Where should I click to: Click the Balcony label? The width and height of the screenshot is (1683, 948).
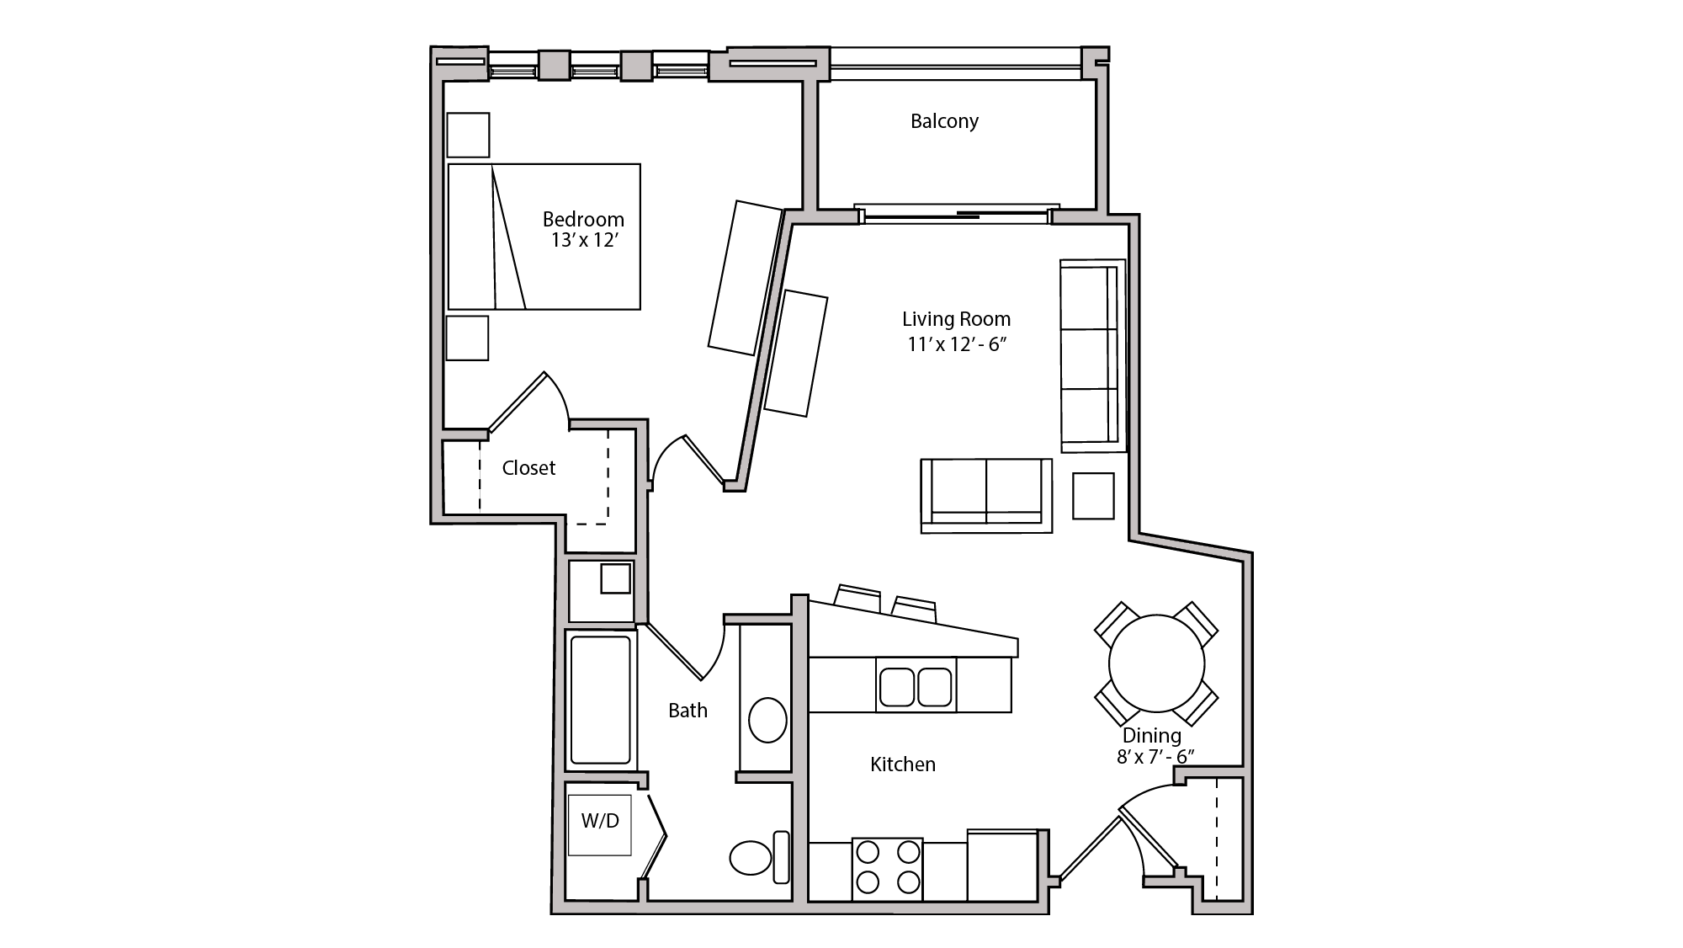click(x=944, y=121)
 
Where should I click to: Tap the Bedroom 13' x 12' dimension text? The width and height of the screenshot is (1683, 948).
click(x=585, y=241)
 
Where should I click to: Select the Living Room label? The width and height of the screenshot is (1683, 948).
click(x=956, y=319)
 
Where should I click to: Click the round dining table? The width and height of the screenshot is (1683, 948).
click(x=1156, y=663)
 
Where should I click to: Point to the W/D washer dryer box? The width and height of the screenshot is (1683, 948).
click(x=599, y=824)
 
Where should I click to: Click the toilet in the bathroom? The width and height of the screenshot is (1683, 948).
click(x=751, y=858)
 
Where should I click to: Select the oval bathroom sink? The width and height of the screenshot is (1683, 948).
click(x=767, y=720)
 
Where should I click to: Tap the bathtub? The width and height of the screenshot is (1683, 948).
click(x=600, y=700)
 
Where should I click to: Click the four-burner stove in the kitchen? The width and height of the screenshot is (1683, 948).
click(x=887, y=867)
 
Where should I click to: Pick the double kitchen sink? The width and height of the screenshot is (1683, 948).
click(x=916, y=687)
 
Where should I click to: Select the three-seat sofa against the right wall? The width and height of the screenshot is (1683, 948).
click(x=1091, y=355)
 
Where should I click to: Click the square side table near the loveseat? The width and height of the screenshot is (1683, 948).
click(x=1093, y=496)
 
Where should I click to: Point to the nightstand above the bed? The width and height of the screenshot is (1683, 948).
click(x=468, y=135)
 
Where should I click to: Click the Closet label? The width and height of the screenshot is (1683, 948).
click(x=528, y=468)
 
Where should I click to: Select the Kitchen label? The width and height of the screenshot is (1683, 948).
click(x=902, y=764)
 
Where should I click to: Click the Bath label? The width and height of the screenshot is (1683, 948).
click(x=688, y=711)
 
